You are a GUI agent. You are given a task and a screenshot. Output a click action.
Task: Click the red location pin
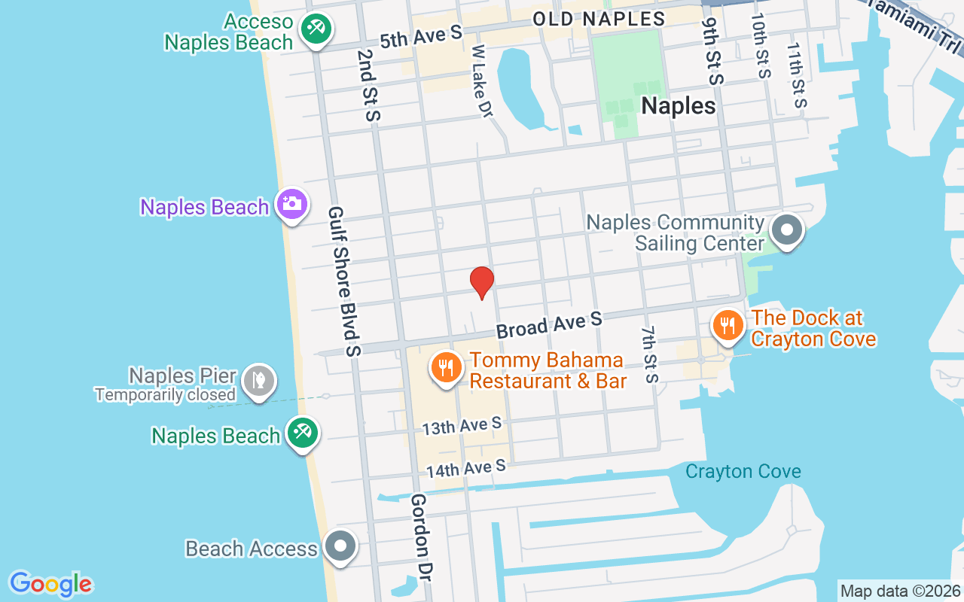click(482, 281)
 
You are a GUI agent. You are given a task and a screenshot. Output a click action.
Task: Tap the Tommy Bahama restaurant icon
click(447, 367)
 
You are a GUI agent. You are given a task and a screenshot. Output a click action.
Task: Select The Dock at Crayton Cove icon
click(727, 326)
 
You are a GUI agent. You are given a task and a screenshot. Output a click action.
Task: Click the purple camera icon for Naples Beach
click(291, 203)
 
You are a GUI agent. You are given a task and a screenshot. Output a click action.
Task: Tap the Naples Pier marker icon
click(258, 381)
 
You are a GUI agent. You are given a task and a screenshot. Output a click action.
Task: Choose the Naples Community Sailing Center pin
click(787, 230)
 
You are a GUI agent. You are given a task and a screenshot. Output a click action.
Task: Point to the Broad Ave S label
click(549, 324)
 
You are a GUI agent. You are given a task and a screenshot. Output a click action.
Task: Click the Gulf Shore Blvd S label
click(343, 281)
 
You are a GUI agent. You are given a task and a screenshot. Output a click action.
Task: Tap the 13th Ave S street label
click(462, 427)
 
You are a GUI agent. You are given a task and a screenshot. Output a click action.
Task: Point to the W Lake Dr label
click(481, 81)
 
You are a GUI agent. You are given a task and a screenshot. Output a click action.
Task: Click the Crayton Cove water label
click(743, 472)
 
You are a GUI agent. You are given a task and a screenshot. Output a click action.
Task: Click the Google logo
click(50, 584)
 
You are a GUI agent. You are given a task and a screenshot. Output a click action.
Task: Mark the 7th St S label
click(650, 354)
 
